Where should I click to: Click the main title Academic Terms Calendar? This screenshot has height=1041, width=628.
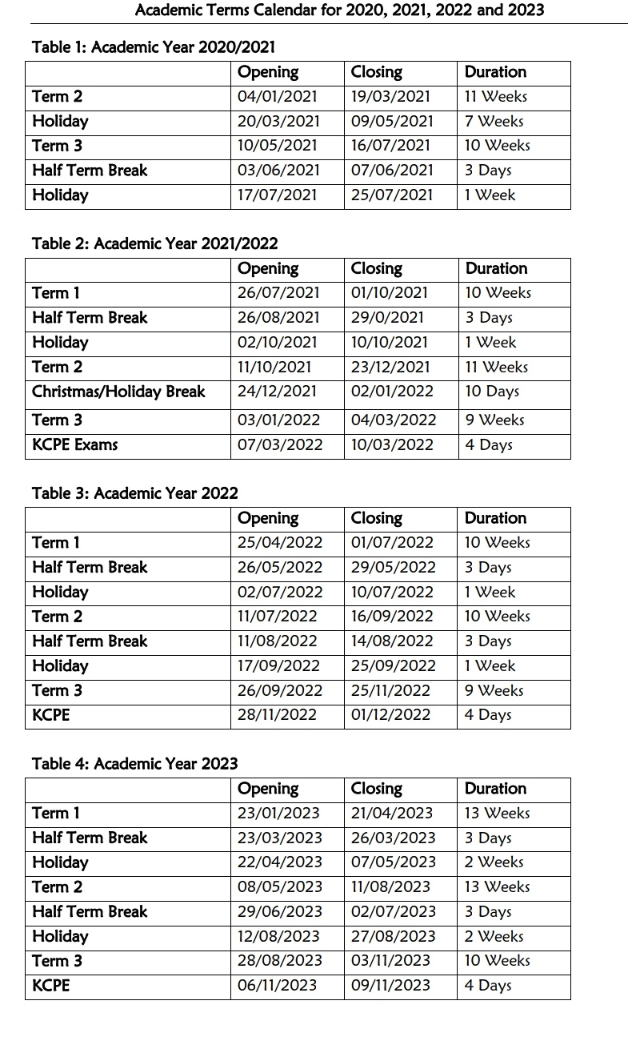tap(339, 10)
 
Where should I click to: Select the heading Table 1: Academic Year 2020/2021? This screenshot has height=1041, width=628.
tap(154, 47)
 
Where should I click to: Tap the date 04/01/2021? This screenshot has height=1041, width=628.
tap(278, 97)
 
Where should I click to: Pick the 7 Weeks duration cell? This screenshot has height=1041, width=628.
tap(494, 122)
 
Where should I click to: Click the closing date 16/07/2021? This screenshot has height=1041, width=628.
tap(390, 146)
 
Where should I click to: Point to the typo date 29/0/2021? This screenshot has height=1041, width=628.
tap(388, 318)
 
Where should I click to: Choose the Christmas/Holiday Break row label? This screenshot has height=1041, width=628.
tap(118, 392)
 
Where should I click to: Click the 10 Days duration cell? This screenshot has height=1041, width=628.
tap(492, 392)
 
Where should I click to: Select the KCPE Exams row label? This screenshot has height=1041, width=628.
tap(74, 444)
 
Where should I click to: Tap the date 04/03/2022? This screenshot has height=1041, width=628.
tap(394, 420)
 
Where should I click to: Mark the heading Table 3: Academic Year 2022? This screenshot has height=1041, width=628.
tap(135, 493)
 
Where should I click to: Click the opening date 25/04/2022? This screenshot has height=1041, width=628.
tap(280, 543)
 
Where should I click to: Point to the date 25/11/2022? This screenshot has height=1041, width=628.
tap(390, 690)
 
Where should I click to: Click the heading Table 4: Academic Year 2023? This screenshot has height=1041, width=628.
tap(135, 764)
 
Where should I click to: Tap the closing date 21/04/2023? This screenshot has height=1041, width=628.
tap(392, 814)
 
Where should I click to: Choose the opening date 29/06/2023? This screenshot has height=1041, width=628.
tap(280, 912)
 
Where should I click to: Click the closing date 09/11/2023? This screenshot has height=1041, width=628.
tap(391, 986)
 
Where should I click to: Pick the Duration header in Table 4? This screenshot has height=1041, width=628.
tap(495, 789)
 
